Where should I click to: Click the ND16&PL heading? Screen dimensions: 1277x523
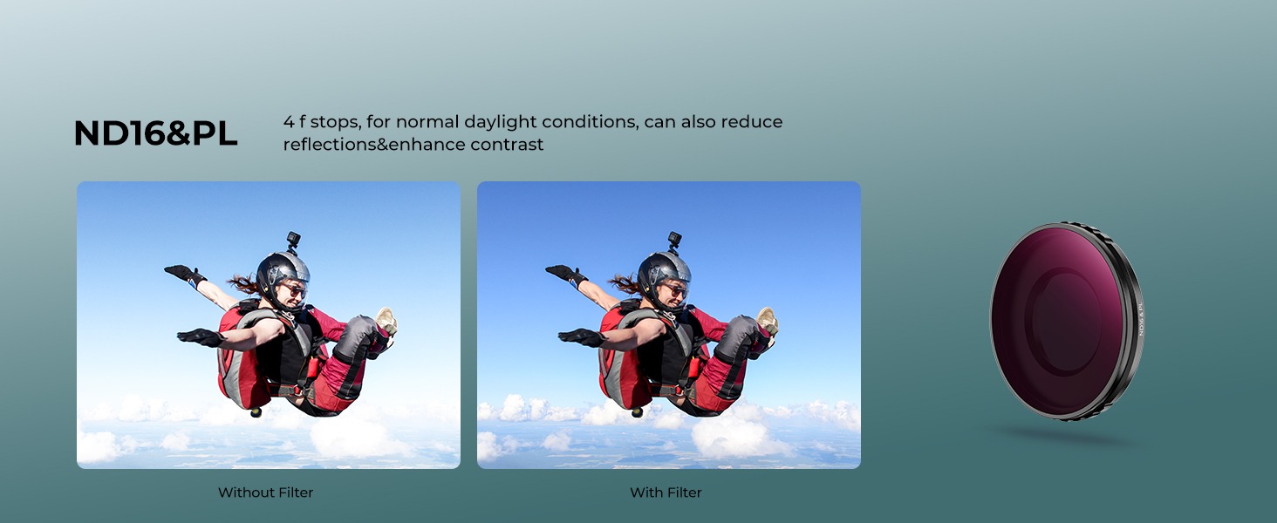(x=155, y=133)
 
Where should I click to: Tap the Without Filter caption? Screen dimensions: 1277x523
(x=266, y=492)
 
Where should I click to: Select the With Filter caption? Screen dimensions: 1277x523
(x=666, y=492)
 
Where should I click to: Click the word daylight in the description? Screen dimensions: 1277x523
(x=500, y=123)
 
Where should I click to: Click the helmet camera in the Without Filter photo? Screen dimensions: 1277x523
(x=293, y=241)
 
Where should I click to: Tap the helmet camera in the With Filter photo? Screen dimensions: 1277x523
(x=674, y=241)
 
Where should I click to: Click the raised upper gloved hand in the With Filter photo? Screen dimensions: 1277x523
(x=566, y=274)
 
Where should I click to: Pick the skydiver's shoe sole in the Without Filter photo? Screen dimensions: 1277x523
(x=387, y=320)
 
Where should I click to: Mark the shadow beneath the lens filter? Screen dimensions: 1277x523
(x=1066, y=437)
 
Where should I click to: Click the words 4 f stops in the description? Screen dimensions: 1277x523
(x=322, y=122)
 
